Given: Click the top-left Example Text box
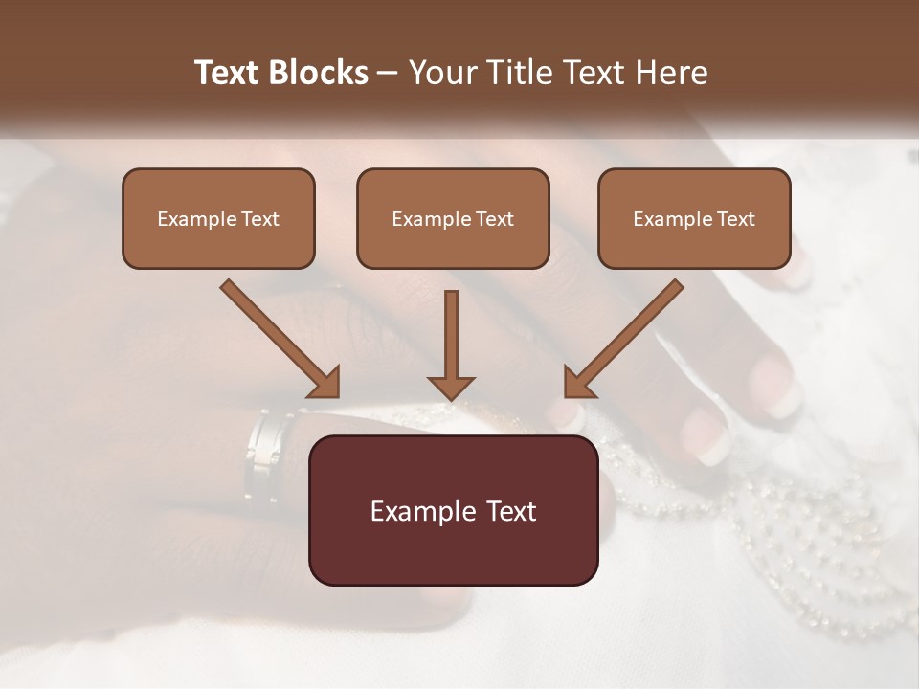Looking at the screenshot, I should (218, 218).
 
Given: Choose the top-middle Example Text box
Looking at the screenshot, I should (453, 218).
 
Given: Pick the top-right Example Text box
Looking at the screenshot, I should (694, 218).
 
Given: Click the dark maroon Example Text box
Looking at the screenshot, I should (453, 510).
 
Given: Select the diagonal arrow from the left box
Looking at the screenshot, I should (278, 337).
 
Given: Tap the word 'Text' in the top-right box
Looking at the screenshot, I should (735, 219).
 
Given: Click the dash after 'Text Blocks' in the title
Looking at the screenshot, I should (388, 74).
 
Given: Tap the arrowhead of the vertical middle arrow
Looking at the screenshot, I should (451, 387).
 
